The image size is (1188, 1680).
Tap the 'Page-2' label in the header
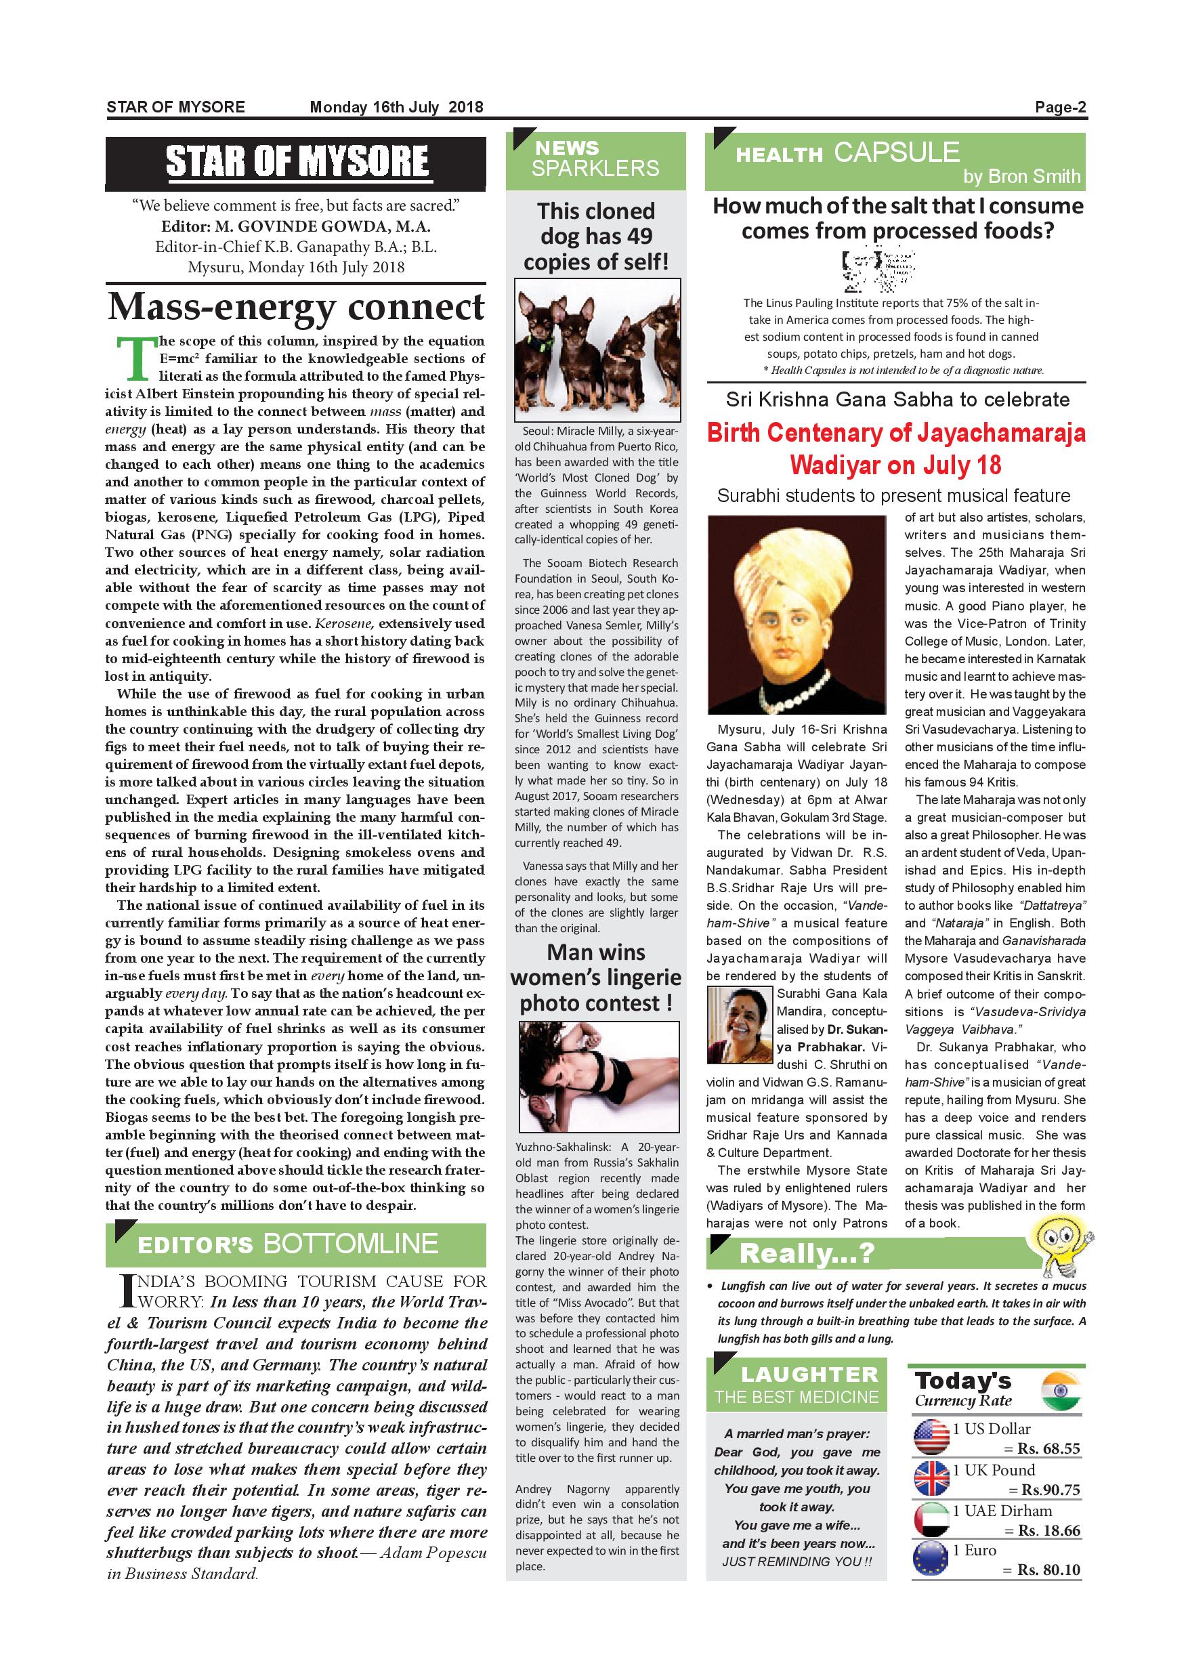tap(1060, 108)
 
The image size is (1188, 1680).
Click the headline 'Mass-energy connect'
tap(295, 308)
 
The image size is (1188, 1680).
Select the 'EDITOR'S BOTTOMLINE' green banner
tap(295, 1244)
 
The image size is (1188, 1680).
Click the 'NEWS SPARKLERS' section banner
tap(595, 159)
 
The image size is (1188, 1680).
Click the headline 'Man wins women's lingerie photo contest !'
tap(595, 978)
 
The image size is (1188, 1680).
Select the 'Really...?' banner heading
tap(806, 1253)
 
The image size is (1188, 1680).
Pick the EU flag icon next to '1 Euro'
tap(931, 1560)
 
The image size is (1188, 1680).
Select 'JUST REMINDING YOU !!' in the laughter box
tap(796, 1561)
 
